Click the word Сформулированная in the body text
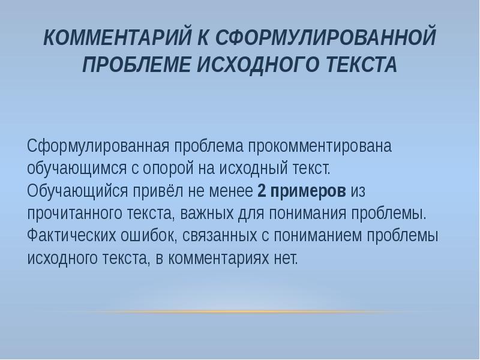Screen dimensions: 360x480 [98, 146]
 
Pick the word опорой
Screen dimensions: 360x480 [174, 169]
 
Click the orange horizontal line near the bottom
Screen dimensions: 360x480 [240, 312]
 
